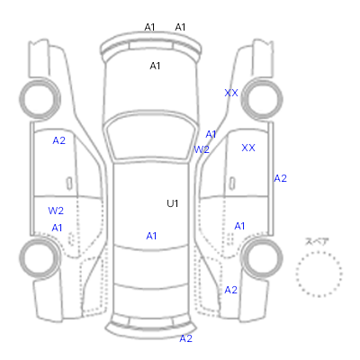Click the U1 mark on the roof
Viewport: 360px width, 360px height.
click(x=173, y=203)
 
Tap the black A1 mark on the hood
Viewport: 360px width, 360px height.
click(x=155, y=66)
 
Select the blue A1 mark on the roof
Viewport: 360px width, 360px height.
click(x=151, y=236)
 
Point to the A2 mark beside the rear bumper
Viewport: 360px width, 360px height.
click(x=185, y=338)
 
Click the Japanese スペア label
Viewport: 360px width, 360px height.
click(x=317, y=242)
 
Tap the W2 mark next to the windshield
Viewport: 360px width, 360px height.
click(x=202, y=149)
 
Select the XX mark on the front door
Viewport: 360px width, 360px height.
click(x=248, y=148)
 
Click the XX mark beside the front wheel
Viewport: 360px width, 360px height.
click(x=231, y=93)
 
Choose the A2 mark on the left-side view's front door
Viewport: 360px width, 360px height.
click(x=58, y=140)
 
